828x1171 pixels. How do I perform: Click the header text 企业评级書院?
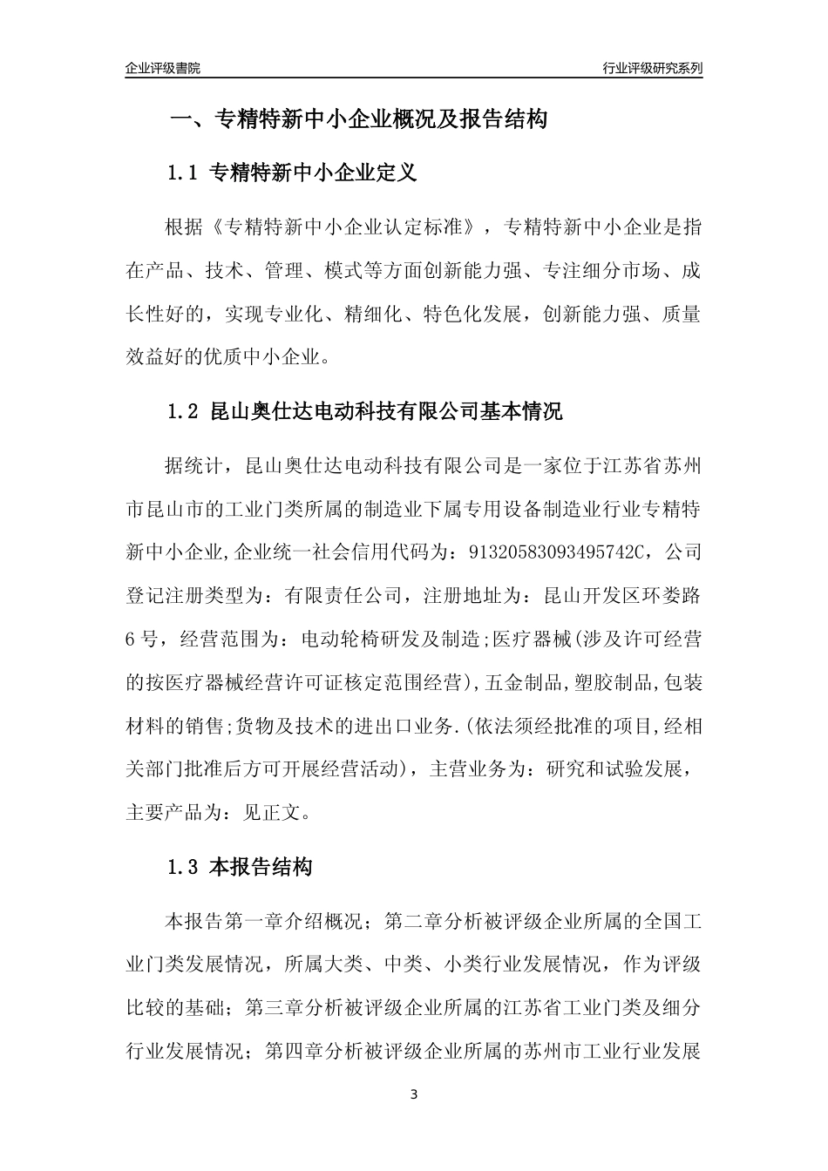click(x=163, y=68)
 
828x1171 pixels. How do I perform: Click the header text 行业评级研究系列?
click(x=652, y=68)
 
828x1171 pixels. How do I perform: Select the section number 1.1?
click(x=183, y=173)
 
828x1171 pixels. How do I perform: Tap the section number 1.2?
click(x=183, y=412)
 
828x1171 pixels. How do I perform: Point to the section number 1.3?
click(x=183, y=867)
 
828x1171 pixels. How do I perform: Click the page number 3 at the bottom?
click(x=414, y=1094)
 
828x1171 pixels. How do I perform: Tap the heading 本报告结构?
click(x=261, y=867)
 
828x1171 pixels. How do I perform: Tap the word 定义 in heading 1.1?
click(x=397, y=173)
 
